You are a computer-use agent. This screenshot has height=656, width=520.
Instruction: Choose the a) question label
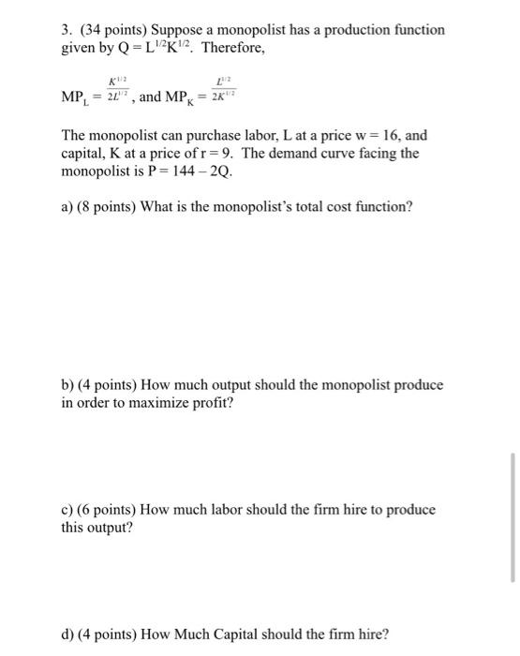(67, 206)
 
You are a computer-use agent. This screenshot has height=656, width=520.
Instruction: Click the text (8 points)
(108, 206)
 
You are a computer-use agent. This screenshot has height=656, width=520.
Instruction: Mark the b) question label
(67, 385)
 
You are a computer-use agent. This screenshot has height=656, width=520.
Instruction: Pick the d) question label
(67, 634)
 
